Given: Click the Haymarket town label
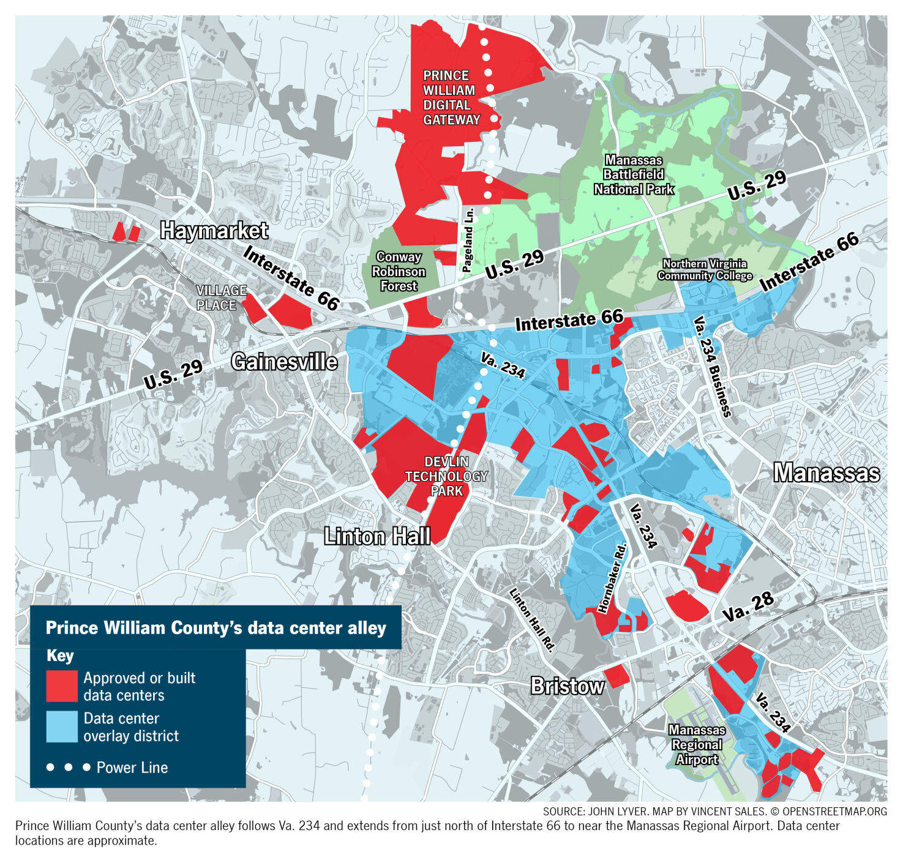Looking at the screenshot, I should tap(214, 231).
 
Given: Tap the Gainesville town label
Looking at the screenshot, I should tap(284, 362).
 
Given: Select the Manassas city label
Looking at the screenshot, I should tap(826, 473).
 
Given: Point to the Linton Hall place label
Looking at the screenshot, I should tap(377, 536).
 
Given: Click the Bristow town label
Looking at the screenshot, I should tap(567, 686).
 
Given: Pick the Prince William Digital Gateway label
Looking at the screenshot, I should tap(451, 98).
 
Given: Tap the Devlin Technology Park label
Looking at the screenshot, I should tap(446, 476).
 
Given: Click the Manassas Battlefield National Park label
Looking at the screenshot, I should tap(634, 175).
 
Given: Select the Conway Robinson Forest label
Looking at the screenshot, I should tap(399, 271).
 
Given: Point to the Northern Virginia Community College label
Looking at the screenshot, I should tap(705, 269).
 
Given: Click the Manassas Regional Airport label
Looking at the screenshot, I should tap(697, 744).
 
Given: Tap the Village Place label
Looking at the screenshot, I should tap(221, 297).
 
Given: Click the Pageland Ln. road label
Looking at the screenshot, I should tap(468, 241).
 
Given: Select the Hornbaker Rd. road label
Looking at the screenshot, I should tap(612, 578).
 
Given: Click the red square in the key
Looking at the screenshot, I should tap(62, 686).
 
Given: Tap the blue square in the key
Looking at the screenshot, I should tap(62, 727).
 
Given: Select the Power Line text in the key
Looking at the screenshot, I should tap(132, 768).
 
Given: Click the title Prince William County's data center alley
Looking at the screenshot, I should tap(215, 628).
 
